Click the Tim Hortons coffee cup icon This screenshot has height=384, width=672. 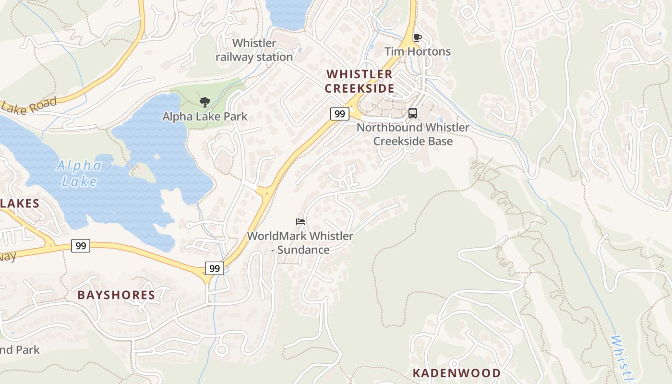pos(417,37)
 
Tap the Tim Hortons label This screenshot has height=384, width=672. pos(417,51)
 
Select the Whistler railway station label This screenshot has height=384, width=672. pos(254,50)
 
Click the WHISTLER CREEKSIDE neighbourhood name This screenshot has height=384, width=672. pos(360,81)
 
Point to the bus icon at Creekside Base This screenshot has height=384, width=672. pos(412,113)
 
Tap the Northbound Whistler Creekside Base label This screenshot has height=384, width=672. pos(413,134)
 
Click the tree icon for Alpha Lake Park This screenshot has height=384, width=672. pos(205,102)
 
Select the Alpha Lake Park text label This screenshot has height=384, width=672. pos(205,116)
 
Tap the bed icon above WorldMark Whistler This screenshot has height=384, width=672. pos(300,221)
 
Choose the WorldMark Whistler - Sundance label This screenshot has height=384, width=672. pos(300,243)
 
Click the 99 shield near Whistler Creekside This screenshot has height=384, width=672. pos(339,114)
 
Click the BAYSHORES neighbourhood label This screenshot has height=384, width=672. pos(116,295)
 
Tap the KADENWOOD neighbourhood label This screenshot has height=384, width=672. pos(456,373)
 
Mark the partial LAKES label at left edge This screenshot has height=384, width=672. pos(19,204)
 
